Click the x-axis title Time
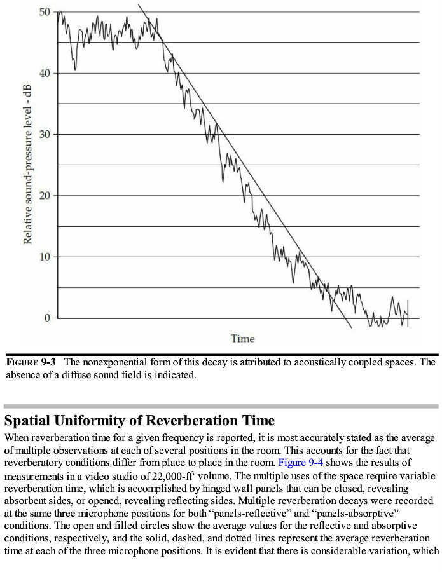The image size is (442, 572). point(243,339)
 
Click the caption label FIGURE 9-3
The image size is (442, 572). point(31,362)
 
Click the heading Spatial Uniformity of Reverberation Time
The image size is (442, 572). point(140,421)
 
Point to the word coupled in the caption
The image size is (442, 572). point(383,362)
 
